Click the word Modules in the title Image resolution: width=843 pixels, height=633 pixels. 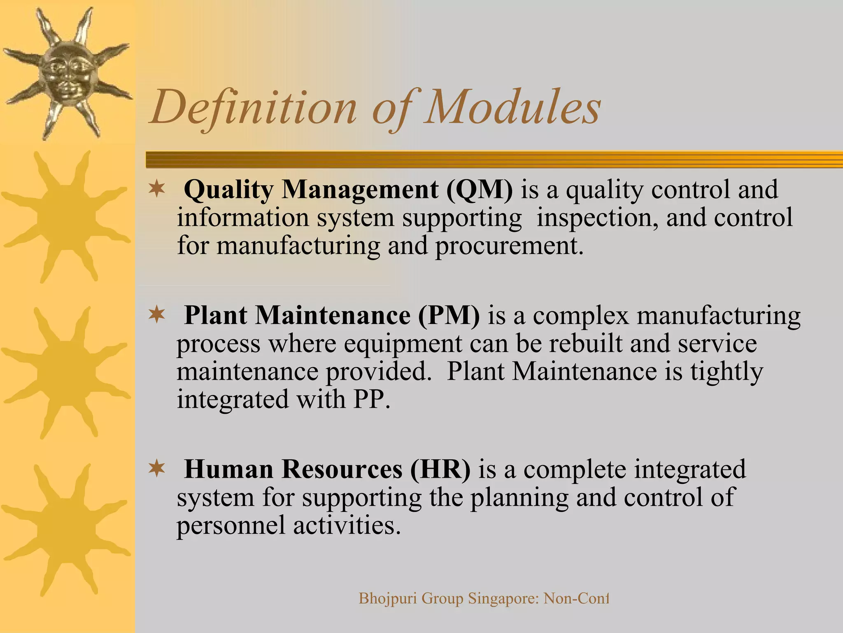tap(512, 108)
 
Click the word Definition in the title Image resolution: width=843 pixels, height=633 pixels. tap(253, 108)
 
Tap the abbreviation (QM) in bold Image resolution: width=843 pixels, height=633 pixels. tap(479, 190)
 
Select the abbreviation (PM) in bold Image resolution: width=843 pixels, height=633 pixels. tap(449, 316)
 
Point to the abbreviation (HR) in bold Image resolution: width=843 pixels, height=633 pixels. tap(440, 469)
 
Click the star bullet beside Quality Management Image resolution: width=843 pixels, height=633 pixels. tap(156, 190)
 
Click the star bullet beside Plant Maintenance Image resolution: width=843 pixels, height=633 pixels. tap(156, 316)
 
